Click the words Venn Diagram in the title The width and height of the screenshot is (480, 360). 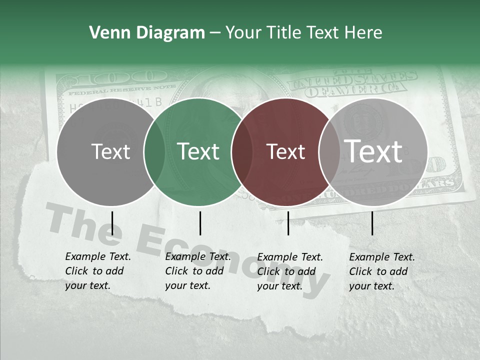pos(147,33)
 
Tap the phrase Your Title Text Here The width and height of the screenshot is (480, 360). pos(303,33)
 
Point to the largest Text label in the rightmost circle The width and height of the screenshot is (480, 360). pos(373,151)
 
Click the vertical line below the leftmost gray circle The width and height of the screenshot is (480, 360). pos(112,223)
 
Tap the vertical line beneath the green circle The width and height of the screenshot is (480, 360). pos(200,223)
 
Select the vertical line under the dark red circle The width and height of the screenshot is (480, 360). pos(288,223)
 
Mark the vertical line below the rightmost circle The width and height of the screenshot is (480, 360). pos(372,223)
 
